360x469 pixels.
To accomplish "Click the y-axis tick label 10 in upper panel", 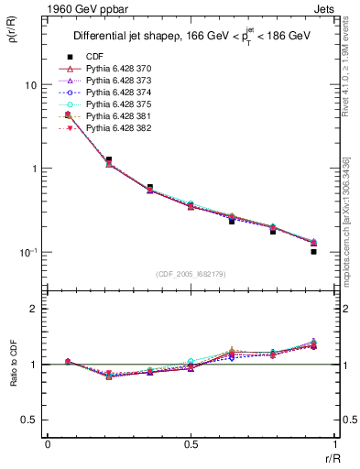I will (30, 85).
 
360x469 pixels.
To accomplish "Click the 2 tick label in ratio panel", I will (35, 309).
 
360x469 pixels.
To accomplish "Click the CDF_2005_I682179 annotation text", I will (191, 275).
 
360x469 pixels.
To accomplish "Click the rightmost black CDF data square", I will (313, 251).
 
